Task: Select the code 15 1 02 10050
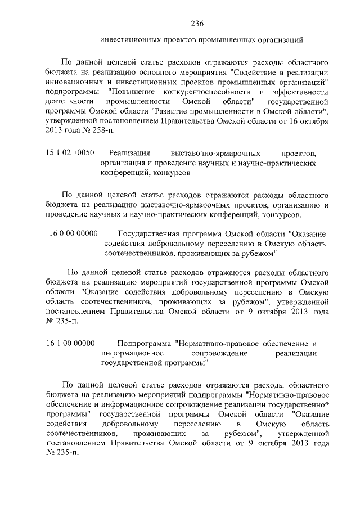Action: pyautogui.click(x=69, y=153)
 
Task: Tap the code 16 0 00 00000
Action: pyautogui.click(x=74, y=233)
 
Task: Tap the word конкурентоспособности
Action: pyautogui.click(x=207, y=91)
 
